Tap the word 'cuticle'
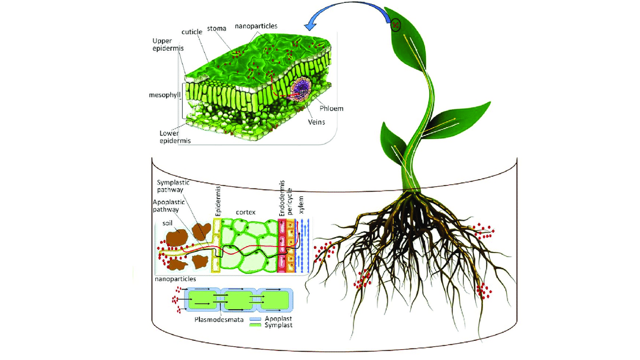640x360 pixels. (192, 31)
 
